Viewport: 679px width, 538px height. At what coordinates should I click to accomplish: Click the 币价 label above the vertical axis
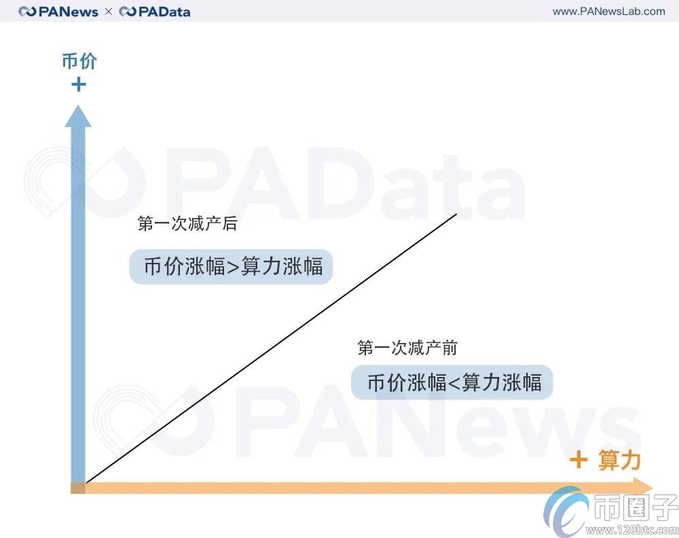[x=79, y=61]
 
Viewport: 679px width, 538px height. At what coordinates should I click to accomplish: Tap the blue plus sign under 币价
[x=79, y=84]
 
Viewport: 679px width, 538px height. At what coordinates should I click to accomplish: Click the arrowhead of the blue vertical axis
[x=78, y=117]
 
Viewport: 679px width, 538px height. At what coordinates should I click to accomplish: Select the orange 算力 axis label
[x=619, y=461]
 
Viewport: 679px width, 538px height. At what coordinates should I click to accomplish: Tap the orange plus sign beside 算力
[x=579, y=461]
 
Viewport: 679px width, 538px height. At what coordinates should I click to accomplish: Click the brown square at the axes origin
[x=78, y=488]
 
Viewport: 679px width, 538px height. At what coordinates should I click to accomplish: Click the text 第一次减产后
[x=187, y=224]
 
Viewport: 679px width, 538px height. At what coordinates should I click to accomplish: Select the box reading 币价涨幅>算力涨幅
[x=231, y=266]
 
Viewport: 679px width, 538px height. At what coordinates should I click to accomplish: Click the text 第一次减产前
[x=407, y=348]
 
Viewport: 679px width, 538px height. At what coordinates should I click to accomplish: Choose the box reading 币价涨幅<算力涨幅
[x=452, y=383]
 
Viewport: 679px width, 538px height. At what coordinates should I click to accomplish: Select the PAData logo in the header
[x=155, y=12]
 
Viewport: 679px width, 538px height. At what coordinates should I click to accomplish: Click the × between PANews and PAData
[x=109, y=12]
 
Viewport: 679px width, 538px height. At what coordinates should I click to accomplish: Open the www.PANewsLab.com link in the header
[x=608, y=11]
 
